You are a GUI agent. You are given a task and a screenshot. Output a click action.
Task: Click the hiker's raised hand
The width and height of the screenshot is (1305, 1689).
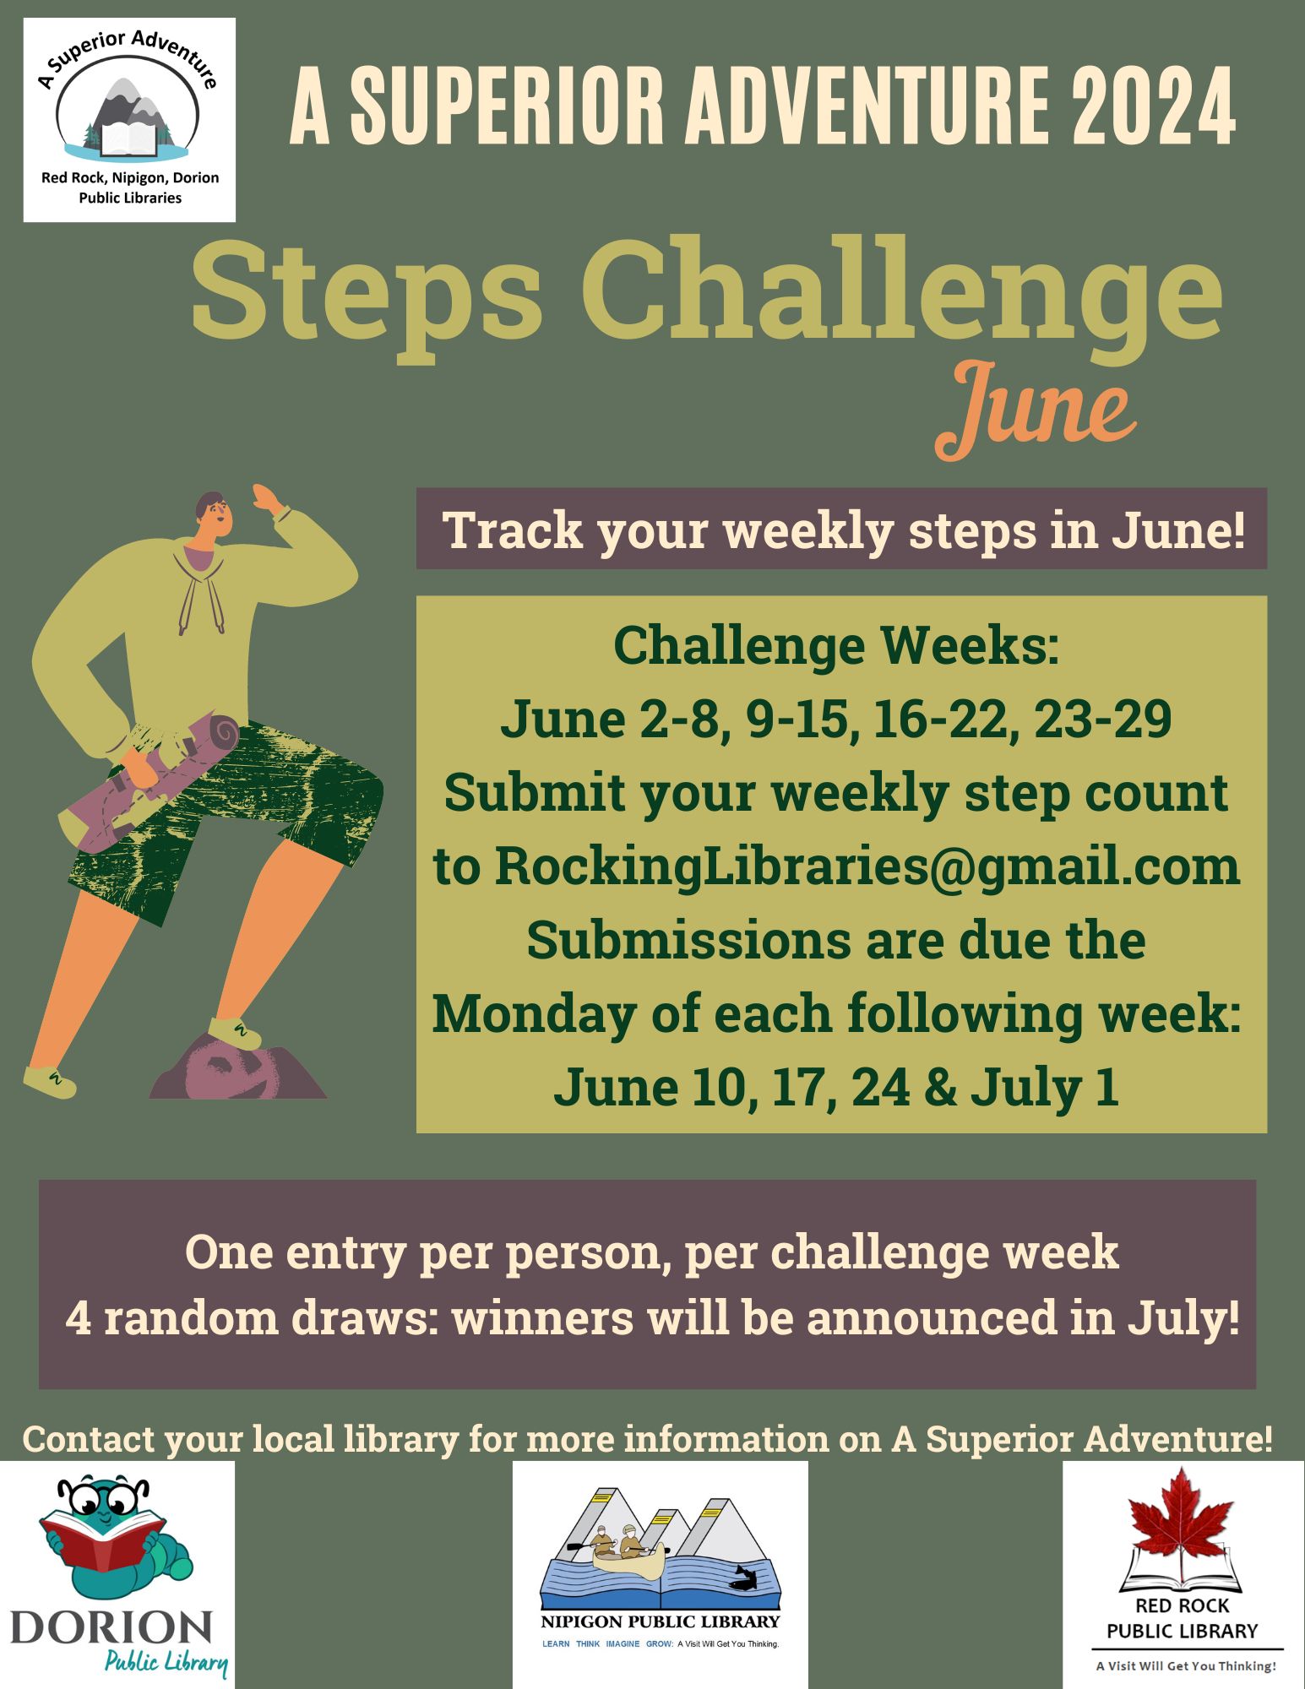269,499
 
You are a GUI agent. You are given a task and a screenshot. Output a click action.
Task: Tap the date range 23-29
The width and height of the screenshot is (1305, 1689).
1102,720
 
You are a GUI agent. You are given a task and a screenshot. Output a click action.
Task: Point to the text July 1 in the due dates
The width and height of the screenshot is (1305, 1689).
1044,1088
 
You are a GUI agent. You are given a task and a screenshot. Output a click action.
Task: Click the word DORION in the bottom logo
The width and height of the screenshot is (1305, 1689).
111,1628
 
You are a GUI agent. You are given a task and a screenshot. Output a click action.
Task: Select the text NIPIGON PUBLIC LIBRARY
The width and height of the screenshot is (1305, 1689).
660,1621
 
